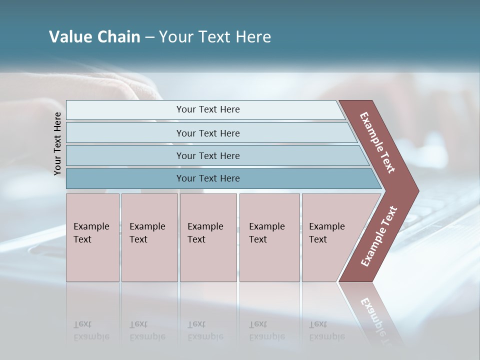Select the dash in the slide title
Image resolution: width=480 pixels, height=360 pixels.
(149, 37)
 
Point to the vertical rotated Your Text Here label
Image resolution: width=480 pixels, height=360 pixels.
(57, 143)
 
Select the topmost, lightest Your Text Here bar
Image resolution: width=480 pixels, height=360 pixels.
(207, 109)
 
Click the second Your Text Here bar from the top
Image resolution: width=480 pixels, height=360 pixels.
(207, 133)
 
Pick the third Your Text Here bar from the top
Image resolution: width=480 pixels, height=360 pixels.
(207, 155)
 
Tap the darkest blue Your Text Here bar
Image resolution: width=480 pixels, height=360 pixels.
(207, 178)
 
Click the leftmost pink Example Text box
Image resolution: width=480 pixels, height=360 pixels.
(92, 237)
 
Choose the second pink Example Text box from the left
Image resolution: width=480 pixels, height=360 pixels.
(149, 237)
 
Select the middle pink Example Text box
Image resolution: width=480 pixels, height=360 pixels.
(208, 237)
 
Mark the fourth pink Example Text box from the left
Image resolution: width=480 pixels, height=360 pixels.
(269, 237)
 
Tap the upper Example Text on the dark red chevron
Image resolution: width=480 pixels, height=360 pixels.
(377, 142)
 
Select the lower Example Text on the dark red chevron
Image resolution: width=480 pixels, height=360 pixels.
(379, 236)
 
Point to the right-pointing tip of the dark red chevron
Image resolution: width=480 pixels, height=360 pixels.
(416, 191)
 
